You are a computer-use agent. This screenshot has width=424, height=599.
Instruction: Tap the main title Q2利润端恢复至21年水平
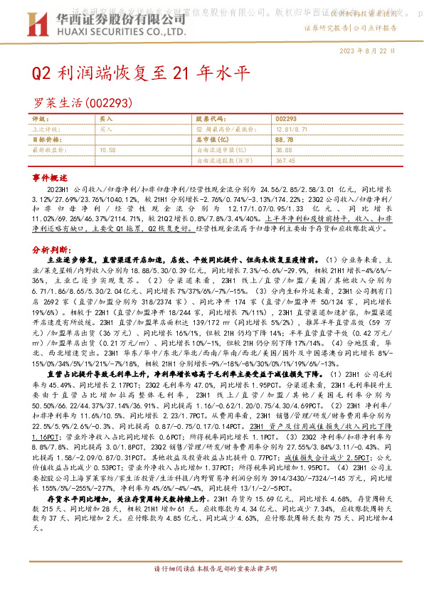click(142, 74)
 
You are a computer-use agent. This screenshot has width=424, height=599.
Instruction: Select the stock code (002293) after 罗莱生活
click(110, 103)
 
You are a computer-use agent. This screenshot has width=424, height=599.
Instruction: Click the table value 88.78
click(283, 140)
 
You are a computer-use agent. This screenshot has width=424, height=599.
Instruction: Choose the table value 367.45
click(285, 161)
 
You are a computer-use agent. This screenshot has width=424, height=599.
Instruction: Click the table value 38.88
click(283, 150)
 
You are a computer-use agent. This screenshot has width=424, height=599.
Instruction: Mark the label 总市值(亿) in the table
click(212, 140)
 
